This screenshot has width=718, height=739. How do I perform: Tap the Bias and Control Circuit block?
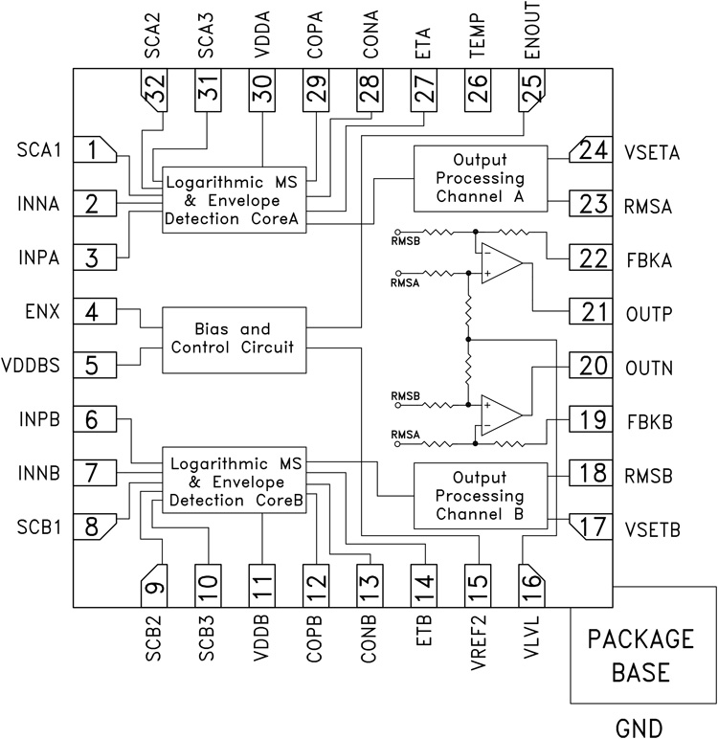point(232,334)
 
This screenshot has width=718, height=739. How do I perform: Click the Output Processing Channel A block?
point(480,179)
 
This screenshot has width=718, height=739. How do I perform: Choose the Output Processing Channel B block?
point(480,496)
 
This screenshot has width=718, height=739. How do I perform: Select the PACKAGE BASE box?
point(641,657)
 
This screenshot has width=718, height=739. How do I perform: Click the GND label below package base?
point(641,727)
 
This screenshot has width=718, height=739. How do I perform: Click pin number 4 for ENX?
point(94,312)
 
